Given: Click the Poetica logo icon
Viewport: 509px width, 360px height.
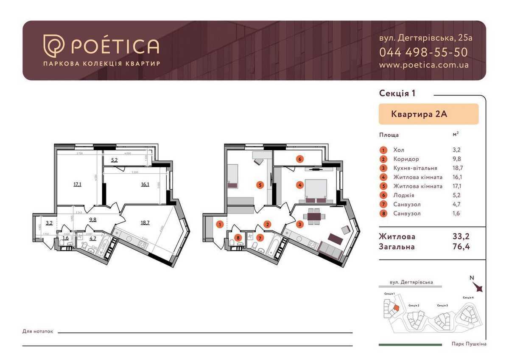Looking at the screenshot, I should pyautogui.click(x=54, y=46).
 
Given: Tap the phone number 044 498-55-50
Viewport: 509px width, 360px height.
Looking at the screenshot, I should pyautogui.click(x=423, y=52).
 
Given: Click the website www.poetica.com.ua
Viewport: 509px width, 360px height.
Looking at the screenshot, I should pyautogui.click(x=423, y=65).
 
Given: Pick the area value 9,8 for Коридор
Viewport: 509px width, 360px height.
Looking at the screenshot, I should pyautogui.click(x=457, y=159).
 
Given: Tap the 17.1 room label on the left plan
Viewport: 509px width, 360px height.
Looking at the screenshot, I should pyautogui.click(x=77, y=184).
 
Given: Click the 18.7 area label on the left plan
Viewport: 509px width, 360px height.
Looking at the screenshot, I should pyautogui.click(x=145, y=222).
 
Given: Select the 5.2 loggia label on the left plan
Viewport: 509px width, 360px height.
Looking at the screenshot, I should pyautogui.click(x=115, y=160).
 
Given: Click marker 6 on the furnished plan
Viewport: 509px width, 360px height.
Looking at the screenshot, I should pyautogui.click(x=299, y=159).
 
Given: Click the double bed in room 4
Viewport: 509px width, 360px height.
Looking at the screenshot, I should pyautogui.click(x=315, y=190).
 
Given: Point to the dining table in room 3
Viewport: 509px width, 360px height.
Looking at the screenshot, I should pyautogui.click(x=314, y=217).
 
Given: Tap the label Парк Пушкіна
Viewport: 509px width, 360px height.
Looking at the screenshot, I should pyautogui.click(x=469, y=344).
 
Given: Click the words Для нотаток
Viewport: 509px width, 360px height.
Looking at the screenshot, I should pyautogui.click(x=38, y=331).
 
